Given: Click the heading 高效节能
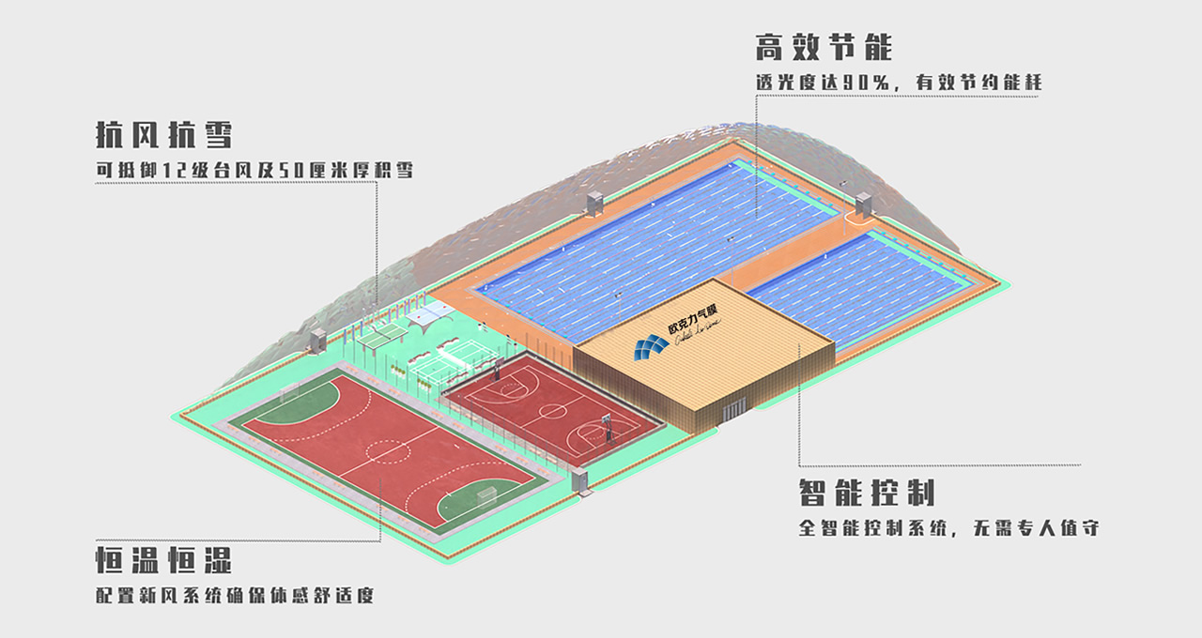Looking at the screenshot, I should point(824,48).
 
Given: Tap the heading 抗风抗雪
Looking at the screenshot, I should point(163,134).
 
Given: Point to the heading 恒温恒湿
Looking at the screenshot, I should point(163,560).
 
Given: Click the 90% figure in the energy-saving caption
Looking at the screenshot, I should point(862,83).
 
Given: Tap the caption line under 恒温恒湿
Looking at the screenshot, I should point(234,596).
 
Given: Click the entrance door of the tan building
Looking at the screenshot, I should point(734,408).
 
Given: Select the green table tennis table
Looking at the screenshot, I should point(384,331).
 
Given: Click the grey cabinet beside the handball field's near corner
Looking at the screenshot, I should point(580,481).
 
